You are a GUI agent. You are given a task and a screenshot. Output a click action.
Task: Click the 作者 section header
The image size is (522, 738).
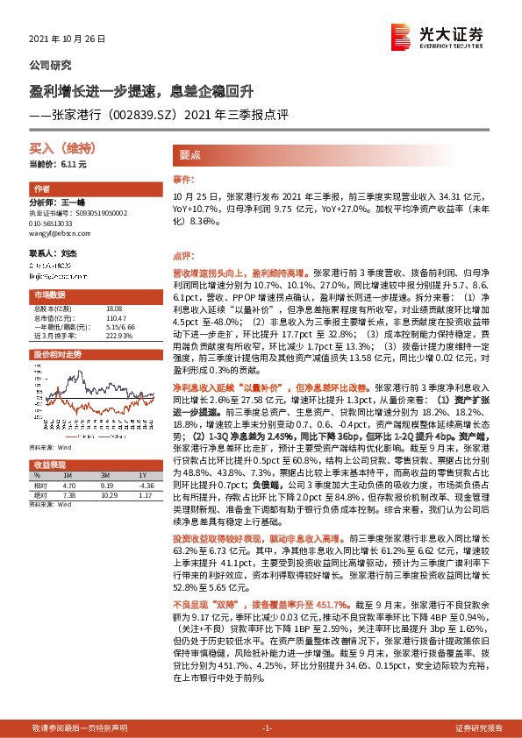tap(41, 188)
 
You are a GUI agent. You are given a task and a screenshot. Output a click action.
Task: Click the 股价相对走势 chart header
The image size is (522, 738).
tap(57, 354)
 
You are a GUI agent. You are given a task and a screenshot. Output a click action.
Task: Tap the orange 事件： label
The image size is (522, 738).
tap(182, 180)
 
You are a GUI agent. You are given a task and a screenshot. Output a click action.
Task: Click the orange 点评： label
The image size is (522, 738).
tap(182, 255)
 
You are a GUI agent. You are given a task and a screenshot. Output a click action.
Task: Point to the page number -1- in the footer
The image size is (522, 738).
tap(268, 728)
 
